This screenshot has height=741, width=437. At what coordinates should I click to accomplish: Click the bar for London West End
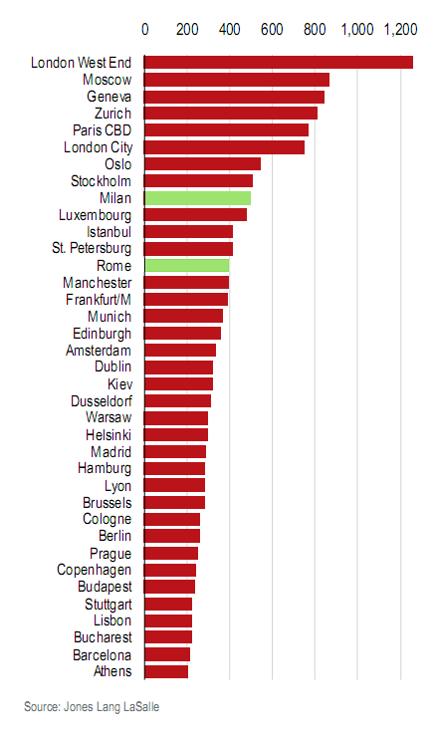[279, 63]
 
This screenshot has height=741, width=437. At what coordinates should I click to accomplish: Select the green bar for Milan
[197, 198]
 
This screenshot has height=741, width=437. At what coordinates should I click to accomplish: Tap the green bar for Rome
[187, 266]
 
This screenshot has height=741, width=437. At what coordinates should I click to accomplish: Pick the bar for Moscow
[237, 80]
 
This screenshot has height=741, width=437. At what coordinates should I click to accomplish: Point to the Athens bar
[166, 671]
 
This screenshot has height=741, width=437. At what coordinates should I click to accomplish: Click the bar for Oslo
[203, 164]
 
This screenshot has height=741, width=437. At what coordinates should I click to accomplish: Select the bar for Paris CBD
[227, 130]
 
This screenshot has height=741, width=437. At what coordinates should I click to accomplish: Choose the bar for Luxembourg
[196, 215]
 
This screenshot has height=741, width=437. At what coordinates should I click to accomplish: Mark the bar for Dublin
[179, 368]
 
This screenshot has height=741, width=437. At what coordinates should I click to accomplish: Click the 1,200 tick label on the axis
[400, 30]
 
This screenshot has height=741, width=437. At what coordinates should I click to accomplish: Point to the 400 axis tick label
[230, 30]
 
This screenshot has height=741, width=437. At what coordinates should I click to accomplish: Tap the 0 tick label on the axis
[145, 30]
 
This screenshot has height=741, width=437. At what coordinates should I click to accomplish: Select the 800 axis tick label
[315, 30]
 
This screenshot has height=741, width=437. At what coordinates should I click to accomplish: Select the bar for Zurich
[231, 114]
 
